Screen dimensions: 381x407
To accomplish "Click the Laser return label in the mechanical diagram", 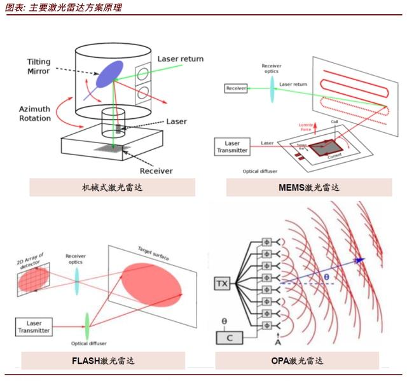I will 180,59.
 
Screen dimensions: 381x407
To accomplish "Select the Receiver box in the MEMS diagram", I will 236,88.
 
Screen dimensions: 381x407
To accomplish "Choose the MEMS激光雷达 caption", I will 309,187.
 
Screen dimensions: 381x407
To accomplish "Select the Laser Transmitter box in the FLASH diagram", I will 34,327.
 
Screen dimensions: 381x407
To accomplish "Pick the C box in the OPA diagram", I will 229,338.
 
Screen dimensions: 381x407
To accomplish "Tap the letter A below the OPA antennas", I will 277,343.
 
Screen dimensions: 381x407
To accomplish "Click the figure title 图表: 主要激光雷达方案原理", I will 63,8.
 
